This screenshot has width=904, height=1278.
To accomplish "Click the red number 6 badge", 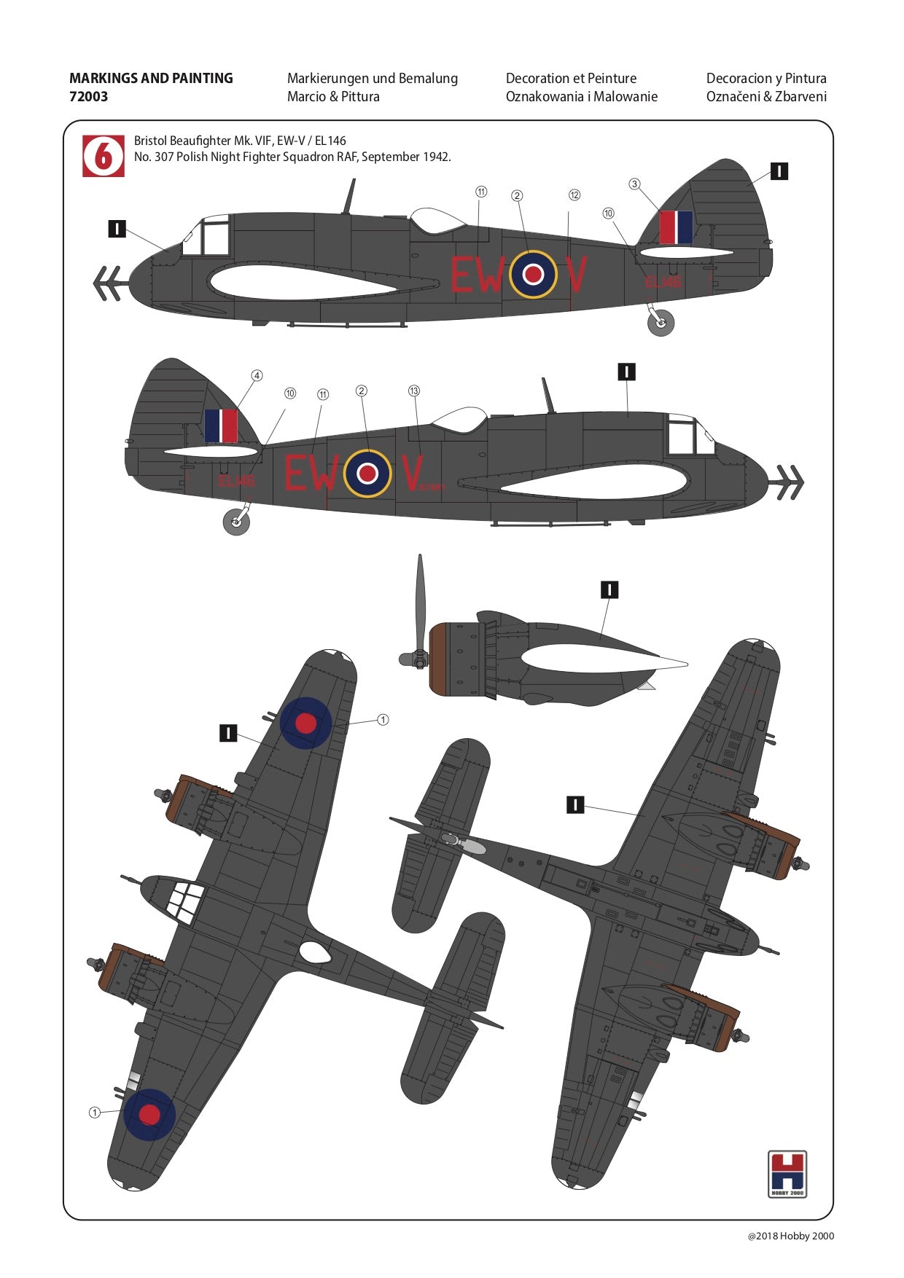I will coord(104,155).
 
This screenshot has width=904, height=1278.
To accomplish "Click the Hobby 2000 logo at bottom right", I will coord(787,1173).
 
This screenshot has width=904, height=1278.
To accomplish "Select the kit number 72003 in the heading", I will coord(88,96).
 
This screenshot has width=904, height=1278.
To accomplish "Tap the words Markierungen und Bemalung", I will coord(372,78).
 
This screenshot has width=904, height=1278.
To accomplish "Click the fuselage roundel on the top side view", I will coord(533,274).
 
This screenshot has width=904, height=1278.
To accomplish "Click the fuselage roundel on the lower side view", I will coord(367,474).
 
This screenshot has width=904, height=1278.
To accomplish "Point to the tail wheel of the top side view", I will coord(661,324).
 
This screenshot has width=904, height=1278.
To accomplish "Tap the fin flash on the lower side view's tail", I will coord(221,426).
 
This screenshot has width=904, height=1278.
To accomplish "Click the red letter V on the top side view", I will coord(576,275).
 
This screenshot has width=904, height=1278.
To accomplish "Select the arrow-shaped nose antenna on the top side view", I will coord(108,283).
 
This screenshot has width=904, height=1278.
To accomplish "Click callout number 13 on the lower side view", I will coord(414,391).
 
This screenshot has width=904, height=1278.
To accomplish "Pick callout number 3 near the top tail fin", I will coord(634,184).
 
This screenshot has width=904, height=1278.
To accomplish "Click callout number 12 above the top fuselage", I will coord(574,195).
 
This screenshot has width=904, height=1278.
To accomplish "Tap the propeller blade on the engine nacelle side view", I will coord(420,597).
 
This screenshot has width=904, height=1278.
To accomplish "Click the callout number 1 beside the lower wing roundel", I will coord(94,1113).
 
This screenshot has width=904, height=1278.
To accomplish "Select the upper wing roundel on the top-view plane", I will coord(305,723).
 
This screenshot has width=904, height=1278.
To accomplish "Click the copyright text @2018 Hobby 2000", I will coord(790,1236).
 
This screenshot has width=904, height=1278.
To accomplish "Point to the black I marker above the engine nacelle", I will coord(609,589).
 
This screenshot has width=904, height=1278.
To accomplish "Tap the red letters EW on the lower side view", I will coord(311,473).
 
